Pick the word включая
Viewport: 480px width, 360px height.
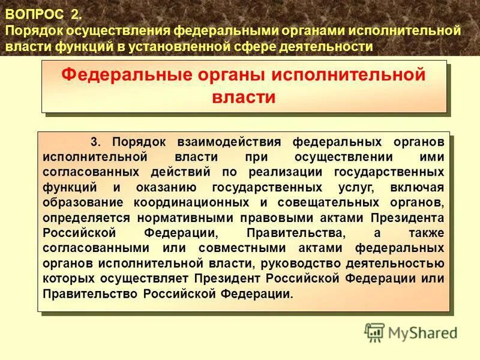[x=419, y=187]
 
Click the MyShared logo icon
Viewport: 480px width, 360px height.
[x=374, y=331]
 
